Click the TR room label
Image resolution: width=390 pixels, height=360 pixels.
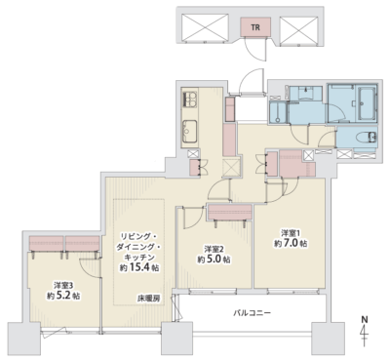tap(255, 27)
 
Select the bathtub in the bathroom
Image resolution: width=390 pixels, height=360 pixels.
tap(368, 103)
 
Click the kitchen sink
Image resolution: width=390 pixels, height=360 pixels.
tap(189, 132)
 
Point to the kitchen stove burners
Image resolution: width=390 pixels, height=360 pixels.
tap(190, 100)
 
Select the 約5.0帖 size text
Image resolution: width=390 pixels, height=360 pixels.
tap(214, 260)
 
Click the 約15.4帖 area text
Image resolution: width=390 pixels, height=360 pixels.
tap(139, 268)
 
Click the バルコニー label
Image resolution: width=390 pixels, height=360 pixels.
tap(252, 313)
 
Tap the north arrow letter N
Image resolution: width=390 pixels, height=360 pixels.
tap(365, 319)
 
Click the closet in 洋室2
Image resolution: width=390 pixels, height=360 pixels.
tap(230, 212)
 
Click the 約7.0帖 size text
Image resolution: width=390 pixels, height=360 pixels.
tap(291, 244)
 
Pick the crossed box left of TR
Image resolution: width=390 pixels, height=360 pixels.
tap(205, 27)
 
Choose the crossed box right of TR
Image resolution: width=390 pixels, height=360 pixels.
tap(298, 29)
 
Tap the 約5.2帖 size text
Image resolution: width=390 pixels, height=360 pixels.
tap(63, 296)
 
